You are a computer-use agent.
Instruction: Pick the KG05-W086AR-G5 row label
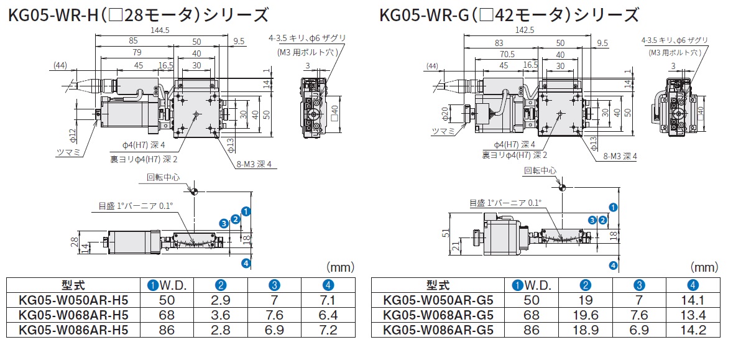439,330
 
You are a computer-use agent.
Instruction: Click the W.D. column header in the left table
168,285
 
